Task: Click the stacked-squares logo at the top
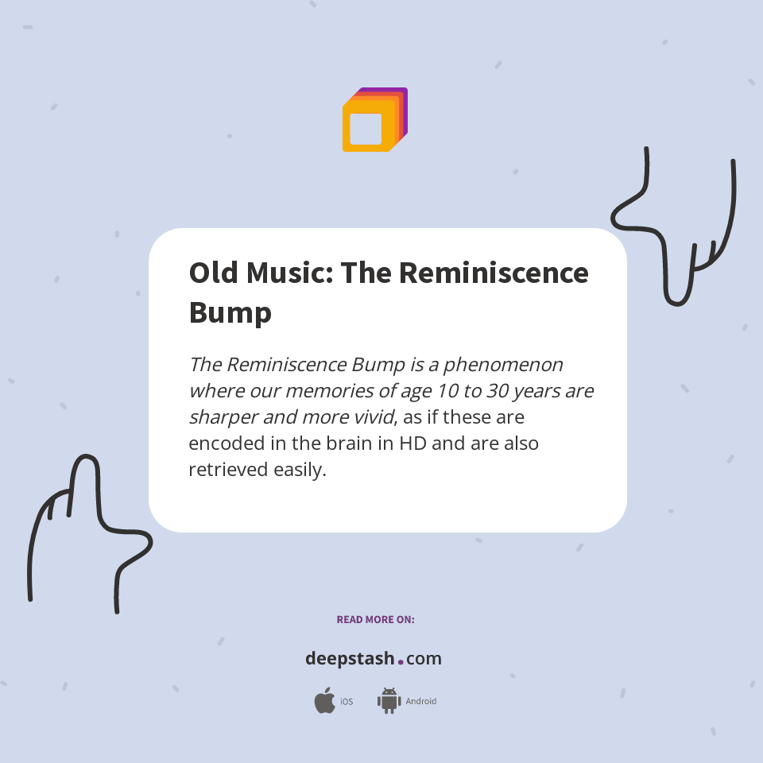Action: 374,120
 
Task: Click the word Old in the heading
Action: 212,273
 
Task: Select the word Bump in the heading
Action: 230,312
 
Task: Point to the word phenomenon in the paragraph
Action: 503,365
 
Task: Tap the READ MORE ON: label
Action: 375,619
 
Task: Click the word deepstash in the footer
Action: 350,659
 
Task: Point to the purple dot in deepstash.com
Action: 401,661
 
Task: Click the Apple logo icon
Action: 324,701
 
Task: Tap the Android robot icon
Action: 389,701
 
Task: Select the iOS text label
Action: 347,702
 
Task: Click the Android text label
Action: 421,702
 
